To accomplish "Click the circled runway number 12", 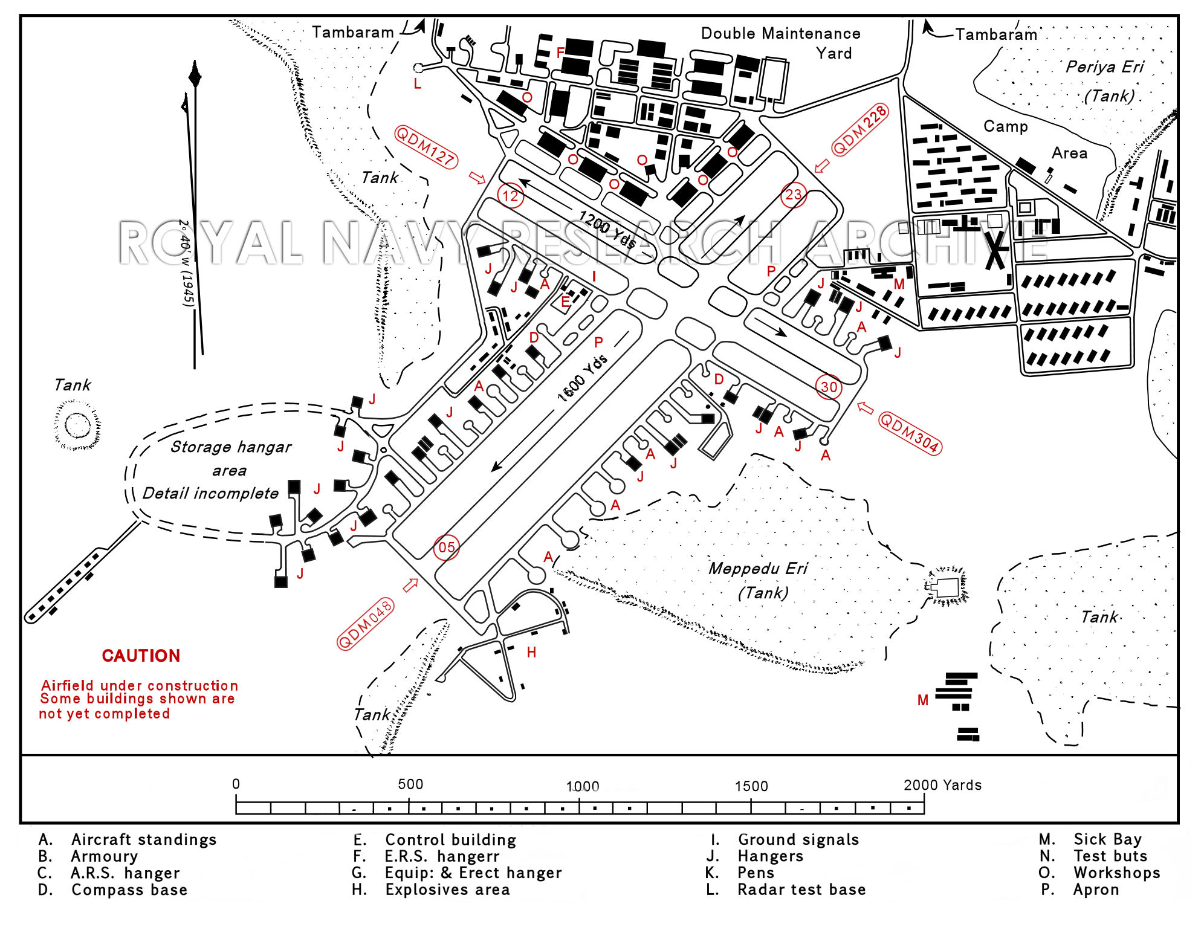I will [x=510, y=196].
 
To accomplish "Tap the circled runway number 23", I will [x=793, y=195].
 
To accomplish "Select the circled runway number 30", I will [x=829, y=387].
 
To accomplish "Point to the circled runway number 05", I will [x=446, y=547].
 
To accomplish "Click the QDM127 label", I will [x=426, y=147].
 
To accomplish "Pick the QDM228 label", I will [x=859, y=130].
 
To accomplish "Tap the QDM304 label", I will [x=909, y=433].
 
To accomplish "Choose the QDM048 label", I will [x=365, y=624].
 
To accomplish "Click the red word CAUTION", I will [x=141, y=656].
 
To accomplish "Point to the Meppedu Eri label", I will [x=758, y=569].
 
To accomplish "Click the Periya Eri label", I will [x=1104, y=67].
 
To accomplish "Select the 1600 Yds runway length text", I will [x=582, y=379].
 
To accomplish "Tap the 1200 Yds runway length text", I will [x=607, y=230].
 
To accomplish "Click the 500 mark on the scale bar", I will [x=410, y=784].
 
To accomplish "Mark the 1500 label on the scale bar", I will [x=751, y=786].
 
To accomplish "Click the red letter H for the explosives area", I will [x=531, y=652].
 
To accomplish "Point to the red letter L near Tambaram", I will [x=417, y=84].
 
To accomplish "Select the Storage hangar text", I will [x=230, y=447].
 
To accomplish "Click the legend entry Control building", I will [x=450, y=840].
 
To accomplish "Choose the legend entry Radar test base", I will [x=801, y=890].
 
